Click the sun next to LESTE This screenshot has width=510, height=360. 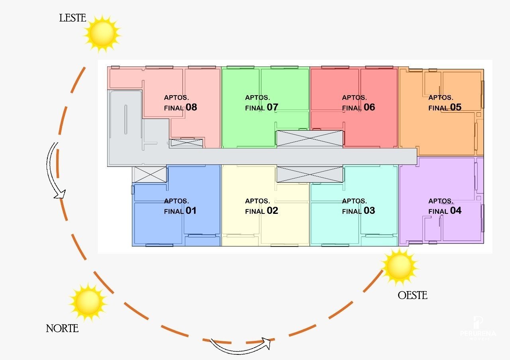tap(102, 33)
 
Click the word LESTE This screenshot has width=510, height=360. tap(73, 18)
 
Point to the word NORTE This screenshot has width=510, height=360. tap(62, 329)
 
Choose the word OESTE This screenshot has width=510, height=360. tap(412, 295)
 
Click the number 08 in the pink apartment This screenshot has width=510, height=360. tap(191, 108)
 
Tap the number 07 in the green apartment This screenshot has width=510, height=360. tap(273, 108)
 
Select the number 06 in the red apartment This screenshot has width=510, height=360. tap(369, 108)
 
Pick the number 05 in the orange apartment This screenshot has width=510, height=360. tap(456, 108)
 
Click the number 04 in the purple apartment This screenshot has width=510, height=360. tap(456, 211)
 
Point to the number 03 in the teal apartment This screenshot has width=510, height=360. tap(369, 211)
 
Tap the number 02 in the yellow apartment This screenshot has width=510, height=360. tap(273, 211)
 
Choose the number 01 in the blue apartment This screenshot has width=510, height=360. tap(191, 211)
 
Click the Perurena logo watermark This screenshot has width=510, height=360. tap(478, 329)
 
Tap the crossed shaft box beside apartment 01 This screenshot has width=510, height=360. tap(149, 174)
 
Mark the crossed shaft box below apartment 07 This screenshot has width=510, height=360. tap(310, 138)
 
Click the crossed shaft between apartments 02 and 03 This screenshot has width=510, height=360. tap(310, 174)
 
